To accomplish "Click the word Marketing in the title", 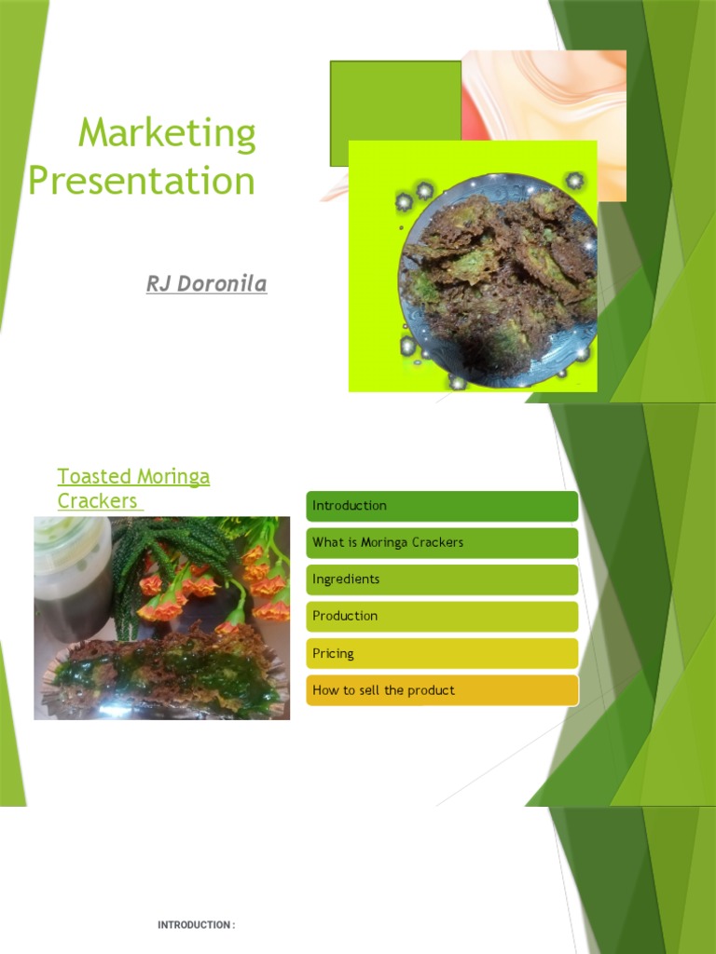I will coord(167,134).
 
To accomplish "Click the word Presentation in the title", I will coord(142,180).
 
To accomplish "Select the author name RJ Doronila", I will coord(206,283).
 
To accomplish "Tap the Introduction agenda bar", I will coord(442,506).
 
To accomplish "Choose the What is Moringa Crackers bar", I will coord(442,542).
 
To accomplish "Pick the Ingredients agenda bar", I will coord(442,579).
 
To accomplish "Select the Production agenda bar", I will coord(442,616).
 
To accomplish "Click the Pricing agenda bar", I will coord(442,653).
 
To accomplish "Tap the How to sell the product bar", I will coord(442,690).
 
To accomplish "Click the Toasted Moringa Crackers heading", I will coord(132,488).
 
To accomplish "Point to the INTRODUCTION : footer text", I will coord(196,925).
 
